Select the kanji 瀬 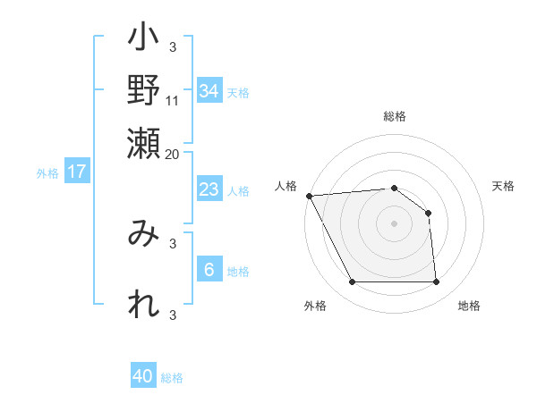[144, 141]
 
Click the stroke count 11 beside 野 [173, 101]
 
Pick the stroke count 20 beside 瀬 [173, 153]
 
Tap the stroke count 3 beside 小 [173, 46]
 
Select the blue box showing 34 [209, 91]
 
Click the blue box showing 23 [209, 189]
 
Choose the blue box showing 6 [209, 270]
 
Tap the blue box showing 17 [77, 172]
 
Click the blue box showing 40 [143, 376]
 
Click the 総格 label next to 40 [172, 378]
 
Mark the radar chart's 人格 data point [309, 196]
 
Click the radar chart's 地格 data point [437, 282]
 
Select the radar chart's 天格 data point [429, 213]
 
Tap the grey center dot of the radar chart [395, 223]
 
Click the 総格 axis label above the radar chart [395, 117]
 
